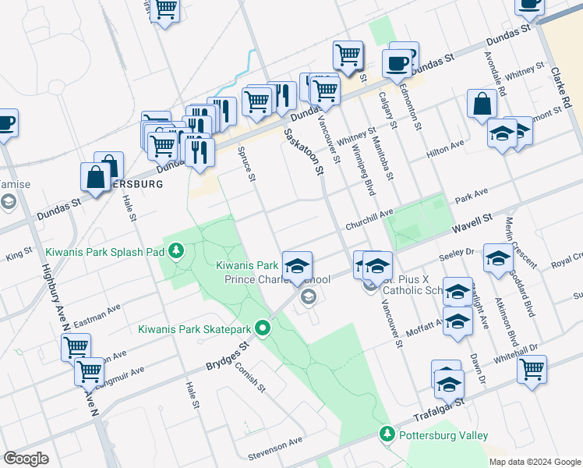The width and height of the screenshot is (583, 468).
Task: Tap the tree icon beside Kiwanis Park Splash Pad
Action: [177, 250]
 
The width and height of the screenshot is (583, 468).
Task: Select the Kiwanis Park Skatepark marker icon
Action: [263, 328]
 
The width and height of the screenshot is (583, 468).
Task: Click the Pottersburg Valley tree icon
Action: [387, 433]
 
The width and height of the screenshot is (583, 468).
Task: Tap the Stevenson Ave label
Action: [274, 444]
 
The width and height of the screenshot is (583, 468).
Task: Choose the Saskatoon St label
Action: [302, 152]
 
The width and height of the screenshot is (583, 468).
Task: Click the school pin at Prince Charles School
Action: [296, 265]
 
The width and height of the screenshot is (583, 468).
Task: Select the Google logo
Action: [26, 458]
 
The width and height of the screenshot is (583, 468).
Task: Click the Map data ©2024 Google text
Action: [534, 461]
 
